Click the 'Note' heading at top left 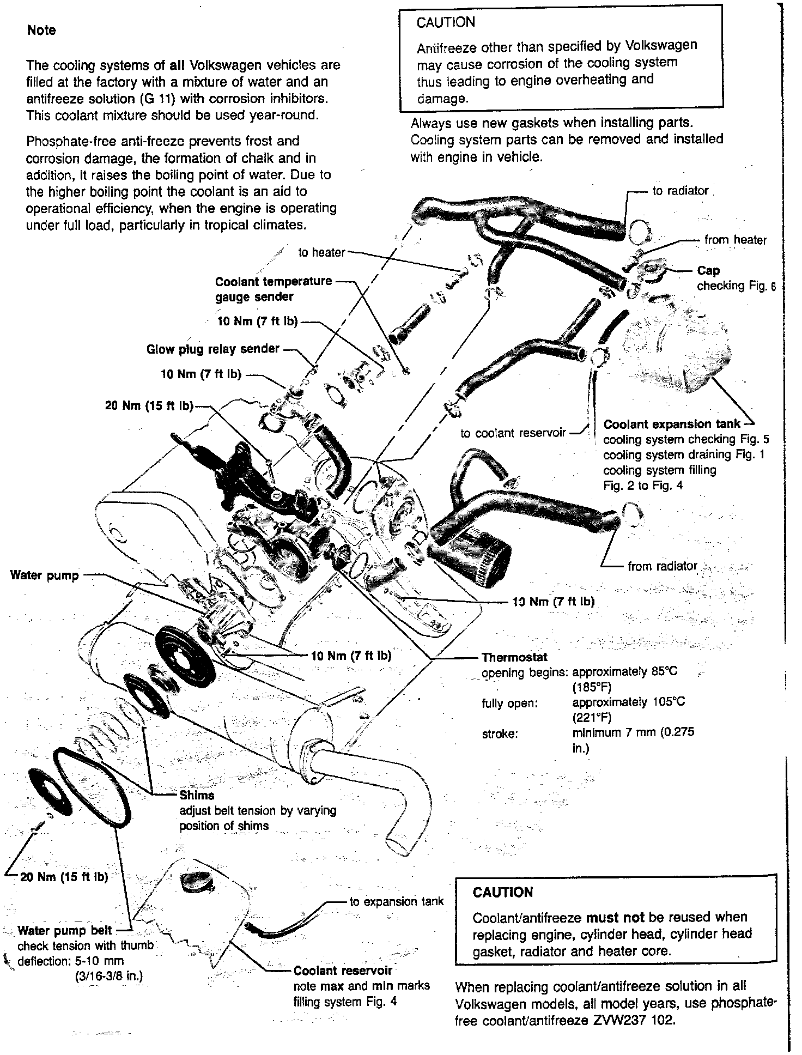(x=41, y=31)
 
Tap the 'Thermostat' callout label (x=514, y=657)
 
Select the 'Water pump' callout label (x=45, y=575)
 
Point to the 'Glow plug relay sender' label (x=213, y=349)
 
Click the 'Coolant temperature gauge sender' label (x=273, y=289)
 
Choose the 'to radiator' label (x=681, y=191)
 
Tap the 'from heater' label (x=735, y=240)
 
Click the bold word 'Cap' (x=708, y=271)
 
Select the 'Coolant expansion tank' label (x=672, y=424)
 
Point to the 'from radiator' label (x=663, y=566)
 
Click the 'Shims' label (x=197, y=795)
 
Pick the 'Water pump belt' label (x=65, y=930)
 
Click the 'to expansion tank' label (x=397, y=902)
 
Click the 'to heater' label (x=321, y=252)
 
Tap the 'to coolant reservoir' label (x=513, y=433)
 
